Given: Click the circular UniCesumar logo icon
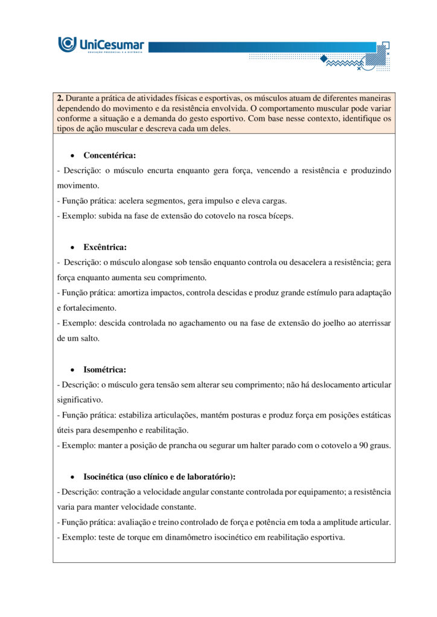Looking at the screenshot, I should pyautogui.click(x=67, y=45).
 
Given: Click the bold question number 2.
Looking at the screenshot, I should pyautogui.click(x=60, y=98).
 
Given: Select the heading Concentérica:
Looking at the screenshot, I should pyautogui.click(x=109, y=155).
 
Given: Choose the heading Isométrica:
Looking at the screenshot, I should pyautogui.click(x=104, y=369).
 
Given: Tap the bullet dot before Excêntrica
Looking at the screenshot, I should pyautogui.click(x=72, y=248).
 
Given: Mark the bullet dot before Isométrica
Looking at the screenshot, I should pyautogui.click(x=72, y=370).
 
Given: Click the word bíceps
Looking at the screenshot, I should pyautogui.click(x=281, y=216).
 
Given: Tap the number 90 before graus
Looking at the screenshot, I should pyautogui.click(x=362, y=445).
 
